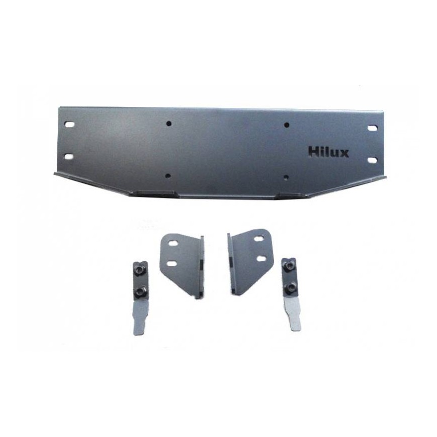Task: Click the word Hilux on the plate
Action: coord(329,153)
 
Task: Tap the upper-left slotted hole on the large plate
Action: coord(69,125)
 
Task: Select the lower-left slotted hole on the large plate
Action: coord(69,156)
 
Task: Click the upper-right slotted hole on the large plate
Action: coord(372,128)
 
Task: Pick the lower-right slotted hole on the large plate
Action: coord(372,160)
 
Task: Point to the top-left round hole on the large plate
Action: coord(169,123)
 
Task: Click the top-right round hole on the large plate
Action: coord(286,125)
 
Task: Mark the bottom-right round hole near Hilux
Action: coord(286,177)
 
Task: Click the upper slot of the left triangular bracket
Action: coord(174,243)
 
